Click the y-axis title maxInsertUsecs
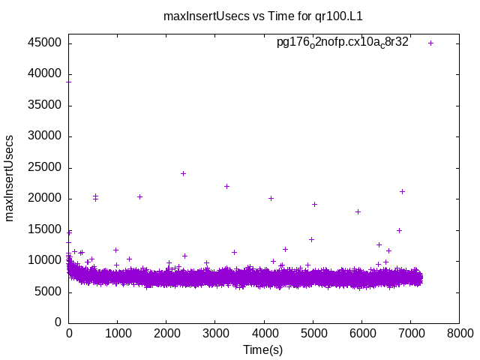10,178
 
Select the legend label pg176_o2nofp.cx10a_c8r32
343,43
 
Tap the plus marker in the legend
430,43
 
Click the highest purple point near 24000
183,173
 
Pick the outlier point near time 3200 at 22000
226,186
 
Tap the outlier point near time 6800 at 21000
402,191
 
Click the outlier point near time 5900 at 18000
358,211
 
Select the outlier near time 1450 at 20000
139,196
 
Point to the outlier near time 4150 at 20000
271,198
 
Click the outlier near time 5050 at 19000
315,204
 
